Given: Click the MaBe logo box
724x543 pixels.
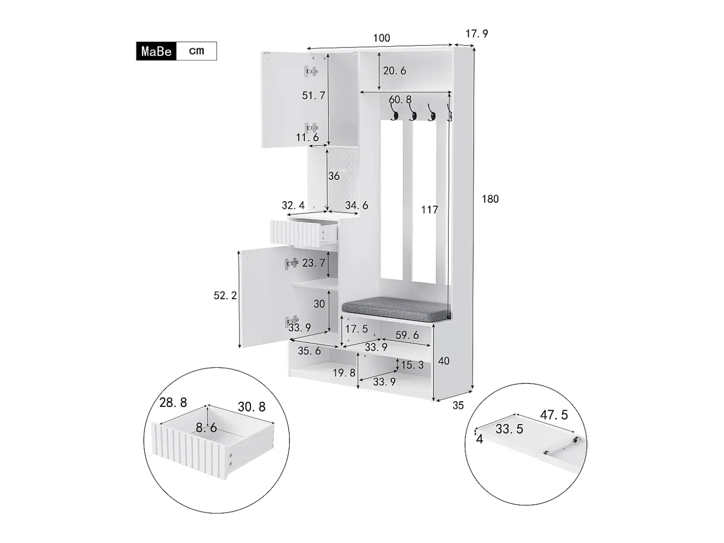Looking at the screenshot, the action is coord(156,51).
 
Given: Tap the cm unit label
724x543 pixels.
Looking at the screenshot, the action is coord(196,51).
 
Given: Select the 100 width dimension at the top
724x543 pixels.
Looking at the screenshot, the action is coord(381,38).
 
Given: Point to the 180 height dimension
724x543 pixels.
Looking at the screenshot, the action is coord(490,199).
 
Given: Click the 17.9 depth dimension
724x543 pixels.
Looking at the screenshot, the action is coord(477,34).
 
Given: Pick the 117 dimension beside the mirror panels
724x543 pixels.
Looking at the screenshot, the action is coord(429,210).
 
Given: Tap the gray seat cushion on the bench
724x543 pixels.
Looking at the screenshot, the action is coord(396,308).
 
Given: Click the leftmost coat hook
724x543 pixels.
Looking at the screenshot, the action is coord(394,112).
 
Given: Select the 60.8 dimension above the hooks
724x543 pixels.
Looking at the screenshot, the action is coord(400,100).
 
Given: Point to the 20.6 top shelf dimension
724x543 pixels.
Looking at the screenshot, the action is coord(395,70).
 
